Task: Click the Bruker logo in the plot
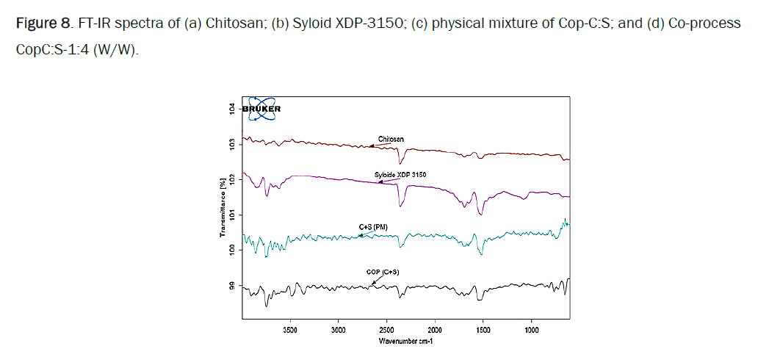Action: point(264,108)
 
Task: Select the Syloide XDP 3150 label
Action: point(400,174)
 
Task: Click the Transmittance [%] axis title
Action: point(221,207)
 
